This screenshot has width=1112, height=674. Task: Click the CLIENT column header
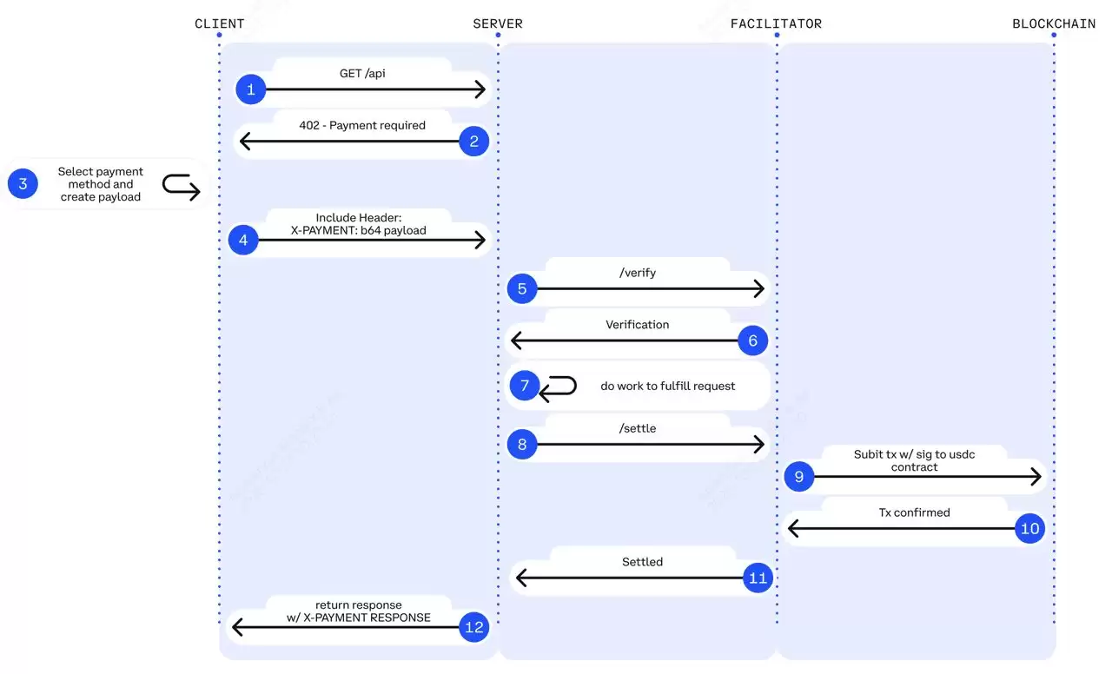(219, 23)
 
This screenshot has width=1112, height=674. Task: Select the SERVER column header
(497, 23)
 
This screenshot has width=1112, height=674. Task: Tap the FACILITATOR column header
(776, 23)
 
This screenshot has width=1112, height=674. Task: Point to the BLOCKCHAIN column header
(1053, 23)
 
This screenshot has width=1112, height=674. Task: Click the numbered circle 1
(251, 89)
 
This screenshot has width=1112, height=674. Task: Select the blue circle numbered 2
(473, 141)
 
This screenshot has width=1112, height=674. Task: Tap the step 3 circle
(23, 184)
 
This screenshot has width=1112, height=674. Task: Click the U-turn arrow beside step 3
(181, 186)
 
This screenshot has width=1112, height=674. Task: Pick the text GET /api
(362, 74)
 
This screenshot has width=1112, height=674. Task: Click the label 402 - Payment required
(362, 125)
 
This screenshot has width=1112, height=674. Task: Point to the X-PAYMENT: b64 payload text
(358, 230)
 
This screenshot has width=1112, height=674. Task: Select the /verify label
(638, 273)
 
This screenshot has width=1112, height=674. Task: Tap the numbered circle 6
(752, 340)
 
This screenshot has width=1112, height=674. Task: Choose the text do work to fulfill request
(667, 386)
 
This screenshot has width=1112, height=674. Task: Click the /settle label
(638, 428)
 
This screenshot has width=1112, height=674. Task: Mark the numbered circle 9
(798, 476)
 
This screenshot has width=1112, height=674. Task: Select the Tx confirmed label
(914, 512)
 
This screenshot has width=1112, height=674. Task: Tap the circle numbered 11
(758, 578)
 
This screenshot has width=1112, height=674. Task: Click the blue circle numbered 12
(473, 627)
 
